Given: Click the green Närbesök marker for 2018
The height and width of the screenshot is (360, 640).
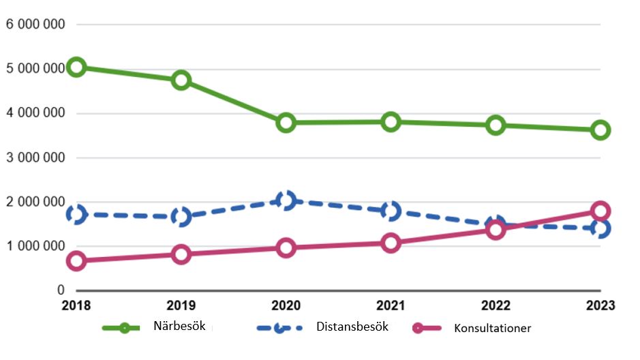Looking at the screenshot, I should (x=76, y=67).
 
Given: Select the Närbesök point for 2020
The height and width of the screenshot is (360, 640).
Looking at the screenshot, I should (x=286, y=123).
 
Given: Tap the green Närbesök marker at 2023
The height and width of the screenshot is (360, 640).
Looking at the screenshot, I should (x=600, y=130).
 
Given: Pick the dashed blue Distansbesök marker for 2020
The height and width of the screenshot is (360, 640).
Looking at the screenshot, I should (x=286, y=200).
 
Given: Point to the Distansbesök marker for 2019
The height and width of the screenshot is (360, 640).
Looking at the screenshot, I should (x=181, y=217).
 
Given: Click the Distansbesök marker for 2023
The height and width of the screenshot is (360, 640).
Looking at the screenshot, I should (x=600, y=229).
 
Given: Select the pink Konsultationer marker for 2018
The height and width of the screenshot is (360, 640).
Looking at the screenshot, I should (x=76, y=261).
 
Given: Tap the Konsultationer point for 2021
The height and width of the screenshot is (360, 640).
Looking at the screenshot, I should (x=391, y=243).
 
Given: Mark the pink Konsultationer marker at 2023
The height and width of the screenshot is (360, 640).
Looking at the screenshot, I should (x=600, y=211).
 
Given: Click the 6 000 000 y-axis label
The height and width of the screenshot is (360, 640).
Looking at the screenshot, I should (x=35, y=25).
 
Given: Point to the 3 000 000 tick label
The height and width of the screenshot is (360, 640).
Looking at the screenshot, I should (x=35, y=158).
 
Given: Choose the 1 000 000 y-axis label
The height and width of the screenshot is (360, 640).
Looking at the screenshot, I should (x=35, y=246).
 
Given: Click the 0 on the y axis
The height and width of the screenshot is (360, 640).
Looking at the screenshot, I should (x=60, y=290).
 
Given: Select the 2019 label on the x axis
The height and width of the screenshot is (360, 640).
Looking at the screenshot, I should (x=181, y=306).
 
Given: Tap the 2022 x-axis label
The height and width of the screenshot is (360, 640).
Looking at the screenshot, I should (x=496, y=306).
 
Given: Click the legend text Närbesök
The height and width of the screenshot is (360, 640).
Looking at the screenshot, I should (x=179, y=326).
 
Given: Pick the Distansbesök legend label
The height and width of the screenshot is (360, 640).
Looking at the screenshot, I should (x=352, y=327).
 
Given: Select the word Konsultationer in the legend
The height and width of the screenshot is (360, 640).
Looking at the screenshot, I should (x=492, y=328).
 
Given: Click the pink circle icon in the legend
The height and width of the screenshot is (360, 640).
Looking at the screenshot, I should (x=418, y=328).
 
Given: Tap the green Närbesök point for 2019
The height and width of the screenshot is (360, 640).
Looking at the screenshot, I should (x=181, y=80).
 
